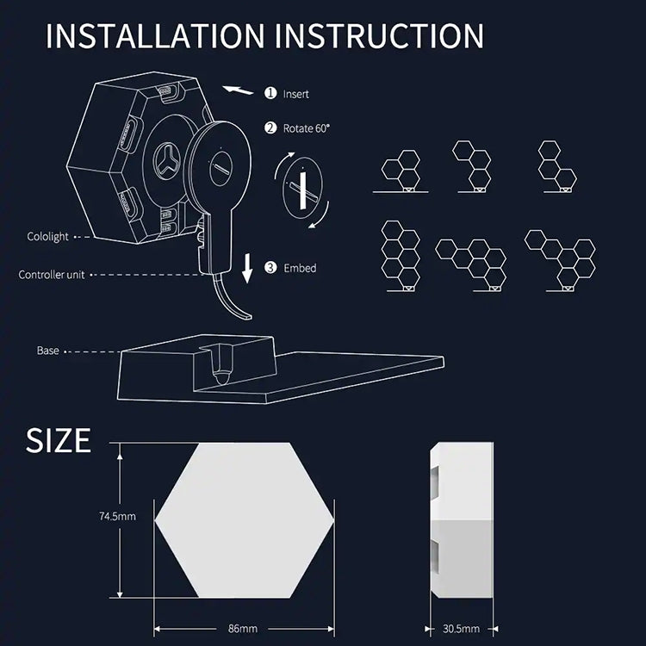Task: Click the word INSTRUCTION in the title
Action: (379, 36)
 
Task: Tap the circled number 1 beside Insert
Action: (270, 93)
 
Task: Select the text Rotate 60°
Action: (307, 128)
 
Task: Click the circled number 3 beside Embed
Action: (270, 268)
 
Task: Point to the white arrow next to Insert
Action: (238, 90)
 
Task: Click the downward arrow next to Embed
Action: (247, 268)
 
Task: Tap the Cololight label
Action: (47, 237)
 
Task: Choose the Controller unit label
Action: (52, 275)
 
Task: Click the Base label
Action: (47, 351)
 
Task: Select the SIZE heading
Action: (58, 440)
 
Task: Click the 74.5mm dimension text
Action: (117, 516)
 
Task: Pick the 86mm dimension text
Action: (243, 629)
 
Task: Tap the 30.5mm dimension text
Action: (461, 629)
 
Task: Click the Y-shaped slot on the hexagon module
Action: (167, 162)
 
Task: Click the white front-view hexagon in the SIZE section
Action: (245, 520)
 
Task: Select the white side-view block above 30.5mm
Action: (462, 520)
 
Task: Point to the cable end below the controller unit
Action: (246, 315)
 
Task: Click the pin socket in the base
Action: (222, 364)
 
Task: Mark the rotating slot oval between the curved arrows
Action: (303, 190)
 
